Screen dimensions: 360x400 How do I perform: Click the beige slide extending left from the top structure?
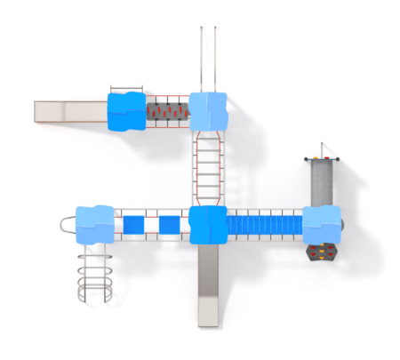(70, 110)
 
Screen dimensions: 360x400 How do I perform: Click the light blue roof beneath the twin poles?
(208, 110)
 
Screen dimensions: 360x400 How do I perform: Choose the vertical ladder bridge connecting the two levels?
(207, 167)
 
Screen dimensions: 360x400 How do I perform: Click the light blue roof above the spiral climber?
(95, 225)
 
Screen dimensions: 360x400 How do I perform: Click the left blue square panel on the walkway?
(132, 225)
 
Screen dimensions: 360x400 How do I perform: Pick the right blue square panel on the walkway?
(168, 225)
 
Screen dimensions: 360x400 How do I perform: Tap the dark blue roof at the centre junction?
(208, 225)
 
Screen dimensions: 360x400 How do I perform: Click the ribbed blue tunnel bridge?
(265, 225)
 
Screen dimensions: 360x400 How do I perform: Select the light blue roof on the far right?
(321, 224)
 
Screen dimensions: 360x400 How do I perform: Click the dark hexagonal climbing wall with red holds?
(322, 253)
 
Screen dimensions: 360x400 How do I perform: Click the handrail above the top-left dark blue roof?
(126, 89)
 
